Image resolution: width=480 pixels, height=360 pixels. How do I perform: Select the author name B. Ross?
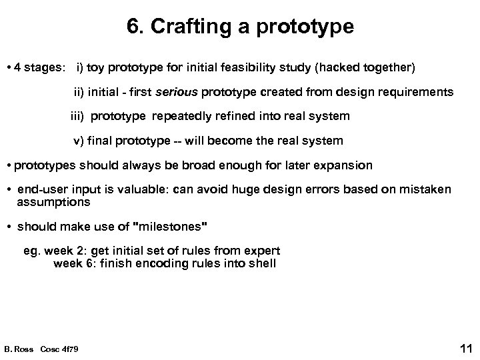pos(19,349)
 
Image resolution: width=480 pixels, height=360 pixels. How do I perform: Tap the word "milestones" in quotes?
pos(171,227)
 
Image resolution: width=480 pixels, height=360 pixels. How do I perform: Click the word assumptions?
pos(51,201)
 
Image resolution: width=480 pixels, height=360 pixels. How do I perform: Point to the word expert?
pos(260,251)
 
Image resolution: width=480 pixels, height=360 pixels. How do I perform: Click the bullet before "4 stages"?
pos(7,67)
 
